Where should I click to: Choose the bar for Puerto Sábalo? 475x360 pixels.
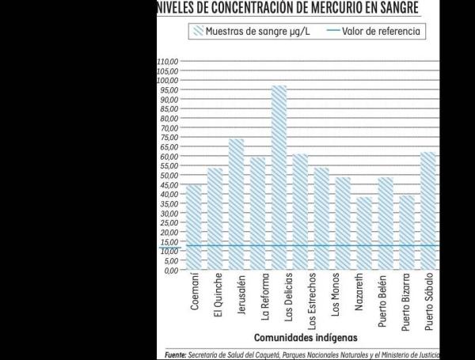[x=427, y=210]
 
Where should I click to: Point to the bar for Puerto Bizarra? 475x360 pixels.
[x=406, y=233]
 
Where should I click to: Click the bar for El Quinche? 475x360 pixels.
[x=215, y=219]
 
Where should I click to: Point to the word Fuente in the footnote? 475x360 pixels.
[x=180, y=354]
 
